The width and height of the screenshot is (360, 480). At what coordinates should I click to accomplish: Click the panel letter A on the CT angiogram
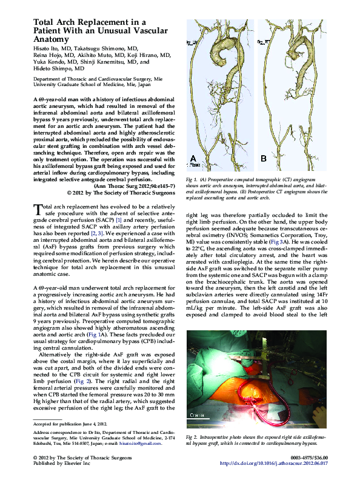[x=193, y=159]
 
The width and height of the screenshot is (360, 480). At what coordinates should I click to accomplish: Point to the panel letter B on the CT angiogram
[x=264, y=159]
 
